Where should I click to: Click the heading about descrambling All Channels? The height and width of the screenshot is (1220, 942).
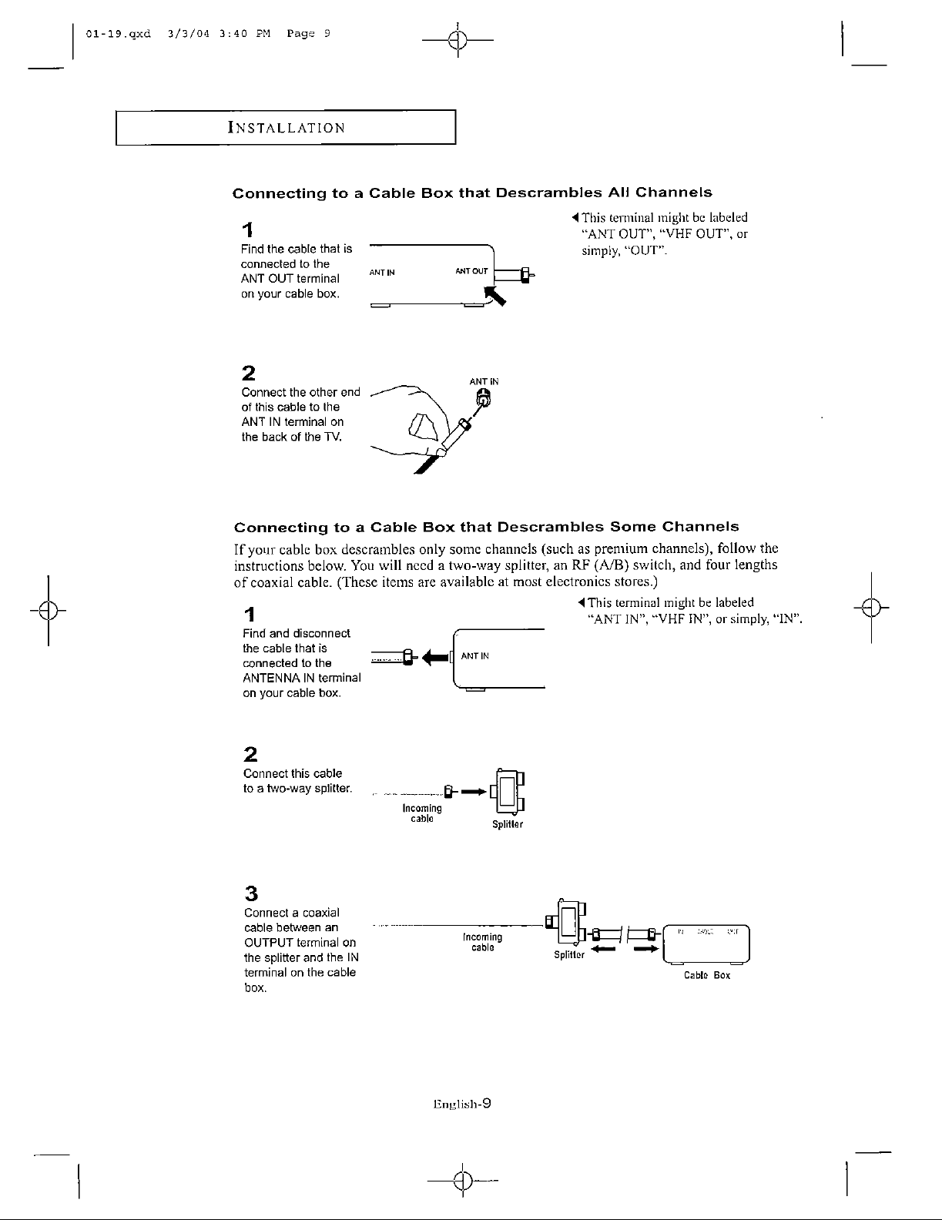pyautogui.click(x=472, y=193)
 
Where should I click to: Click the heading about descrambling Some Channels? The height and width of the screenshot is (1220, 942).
pyautogui.click(x=486, y=527)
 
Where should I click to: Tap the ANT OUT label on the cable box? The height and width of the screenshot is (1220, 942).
pyautogui.click(x=471, y=271)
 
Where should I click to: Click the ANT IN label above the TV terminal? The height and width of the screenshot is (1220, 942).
pyautogui.click(x=484, y=381)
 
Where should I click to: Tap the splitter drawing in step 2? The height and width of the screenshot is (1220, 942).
pyautogui.click(x=507, y=792)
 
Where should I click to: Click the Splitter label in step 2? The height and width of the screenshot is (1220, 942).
pyautogui.click(x=508, y=825)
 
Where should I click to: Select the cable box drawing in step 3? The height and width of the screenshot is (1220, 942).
pyautogui.click(x=706, y=944)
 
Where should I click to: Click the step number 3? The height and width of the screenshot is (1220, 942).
pyautogui.click(x=250, y=893)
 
